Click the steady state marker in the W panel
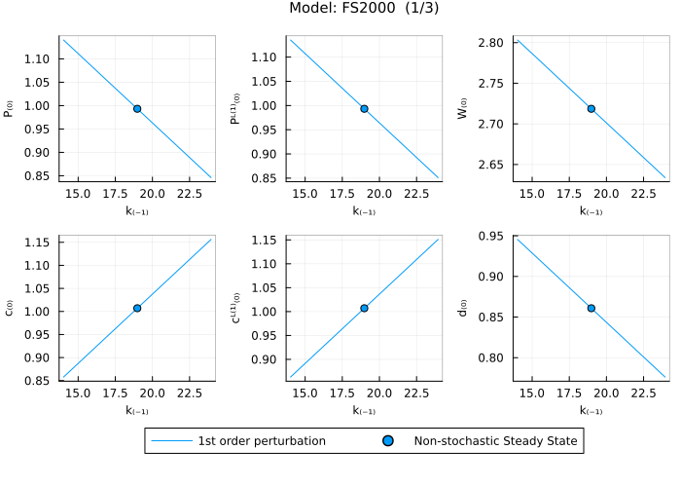[591, 108]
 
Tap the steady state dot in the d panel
[591, 308]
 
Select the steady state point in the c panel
[137, 308]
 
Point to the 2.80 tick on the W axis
[490, 43]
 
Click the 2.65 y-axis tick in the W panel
[490, 165]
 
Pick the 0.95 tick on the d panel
[490, 236]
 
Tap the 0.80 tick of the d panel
[490, 357]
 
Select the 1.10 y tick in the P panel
[38, 59]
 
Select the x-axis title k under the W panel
[591, 210]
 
